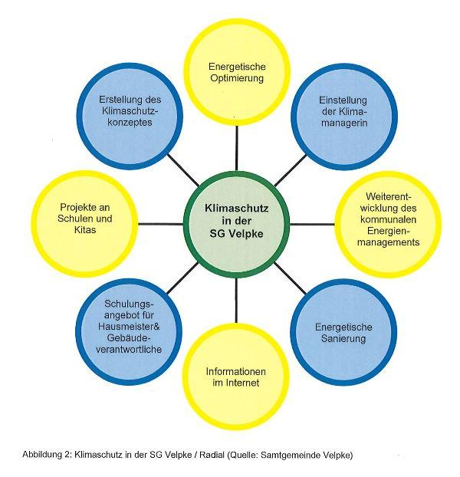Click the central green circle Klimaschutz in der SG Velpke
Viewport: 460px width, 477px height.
(x=236, y=224)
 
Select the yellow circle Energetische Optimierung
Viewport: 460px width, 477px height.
(x=237, y=72)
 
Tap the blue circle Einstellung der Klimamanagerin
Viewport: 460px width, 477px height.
(x=344, y=117)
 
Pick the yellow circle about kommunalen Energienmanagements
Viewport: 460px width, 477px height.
(x=388, y=224)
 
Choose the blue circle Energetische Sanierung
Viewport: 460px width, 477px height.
(x=343, y=332)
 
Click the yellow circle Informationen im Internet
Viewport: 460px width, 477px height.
(x=236, y=377)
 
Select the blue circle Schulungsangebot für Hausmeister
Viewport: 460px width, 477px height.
(x=129, y=332)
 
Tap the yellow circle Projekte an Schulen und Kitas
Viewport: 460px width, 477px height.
(x=85, y=224)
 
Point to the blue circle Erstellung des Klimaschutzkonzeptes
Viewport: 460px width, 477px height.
(x=130, y=117)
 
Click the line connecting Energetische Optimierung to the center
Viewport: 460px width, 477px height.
(x=237, y=148)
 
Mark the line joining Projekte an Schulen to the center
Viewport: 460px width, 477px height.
(x=160, y=224)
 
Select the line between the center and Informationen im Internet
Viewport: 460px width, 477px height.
(x=236, y=301)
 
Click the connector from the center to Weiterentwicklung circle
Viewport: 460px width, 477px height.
(x=312, y=224)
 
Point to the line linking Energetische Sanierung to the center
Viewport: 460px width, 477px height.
(x=290, y=278)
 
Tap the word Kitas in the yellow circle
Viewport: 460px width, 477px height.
(x=85, y=229)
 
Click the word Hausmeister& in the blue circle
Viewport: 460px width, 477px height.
(x=129, y=327)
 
